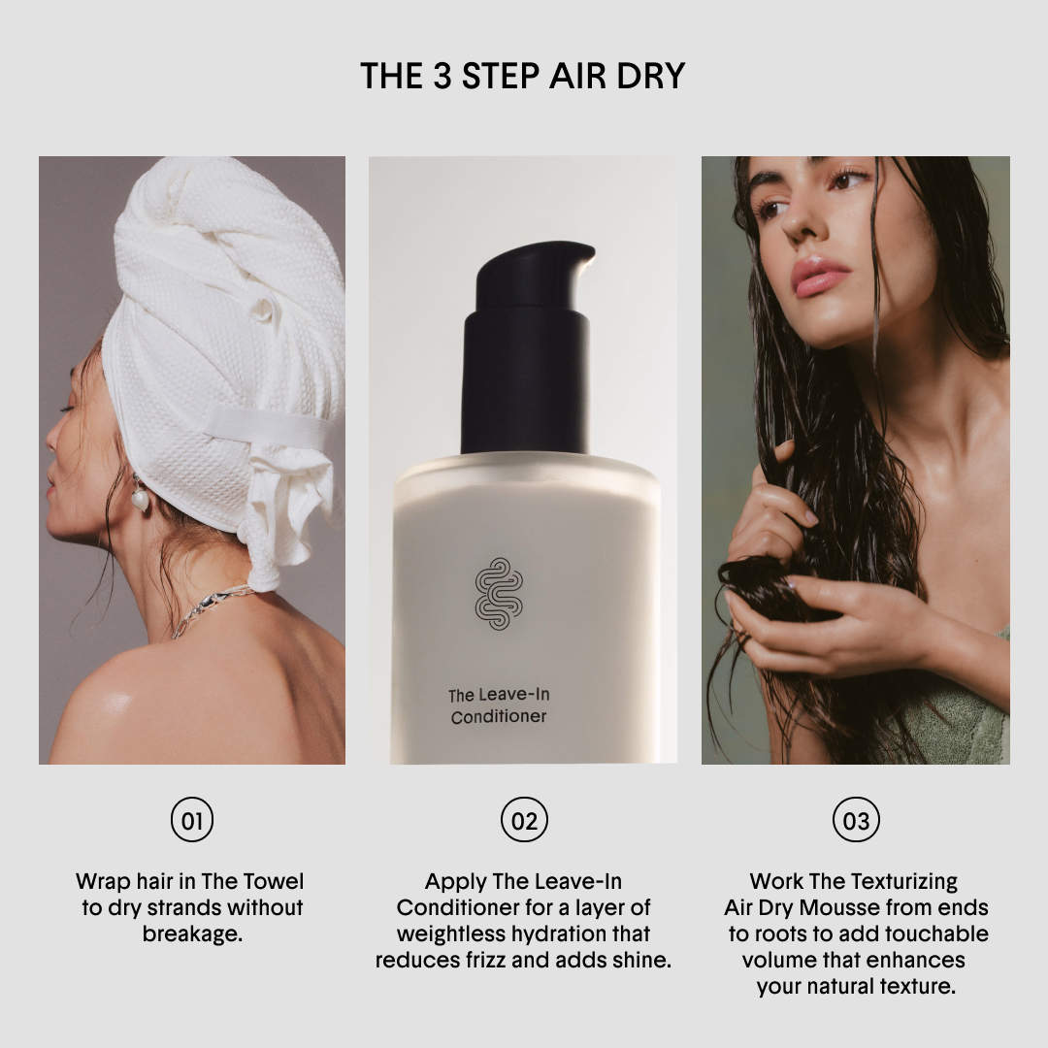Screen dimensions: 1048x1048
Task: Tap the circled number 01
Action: point(192,819)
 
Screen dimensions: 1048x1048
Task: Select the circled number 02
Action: point(524,819)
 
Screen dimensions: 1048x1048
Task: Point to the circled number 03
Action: point(856,819)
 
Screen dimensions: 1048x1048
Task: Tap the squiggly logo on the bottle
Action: point(499,594)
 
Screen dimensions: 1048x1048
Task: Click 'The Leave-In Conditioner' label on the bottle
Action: point(499,705)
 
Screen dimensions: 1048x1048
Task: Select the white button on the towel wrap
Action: point(262,311)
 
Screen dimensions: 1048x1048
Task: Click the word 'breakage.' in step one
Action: point(192,933)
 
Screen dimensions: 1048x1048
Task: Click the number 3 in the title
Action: point(442,76)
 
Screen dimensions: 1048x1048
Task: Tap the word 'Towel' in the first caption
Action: point(272,881)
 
